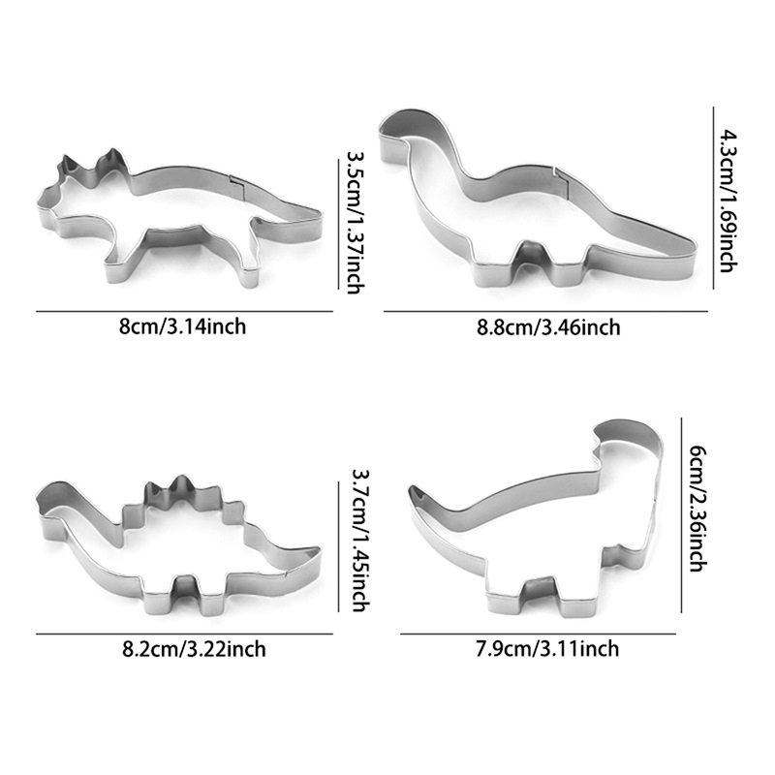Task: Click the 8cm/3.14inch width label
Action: (182, 326)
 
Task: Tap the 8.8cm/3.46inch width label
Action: (548, 327)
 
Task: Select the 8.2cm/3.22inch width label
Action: (194, 649)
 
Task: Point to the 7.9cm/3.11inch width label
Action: (547, 648)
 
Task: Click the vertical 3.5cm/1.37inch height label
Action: (356, 223)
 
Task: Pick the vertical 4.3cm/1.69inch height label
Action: (728, 201)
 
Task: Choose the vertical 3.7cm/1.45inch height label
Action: (360, 541)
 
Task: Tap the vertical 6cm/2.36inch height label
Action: (697, 509)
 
